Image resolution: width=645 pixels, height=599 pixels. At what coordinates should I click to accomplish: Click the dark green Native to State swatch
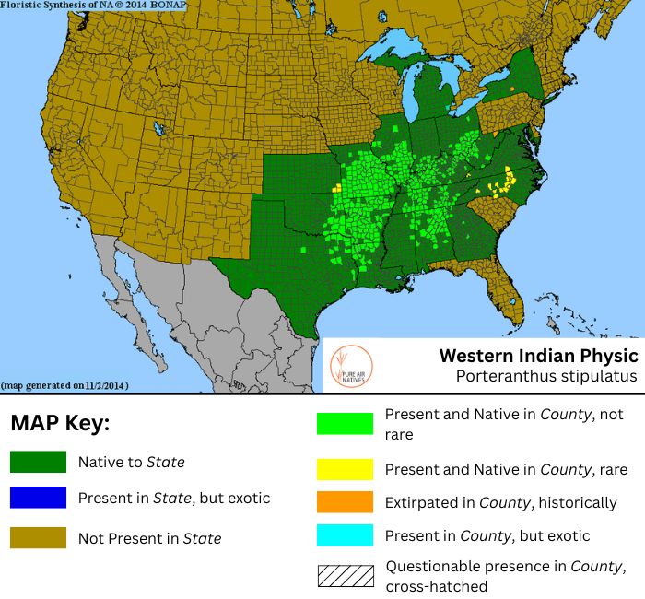pos(38,462)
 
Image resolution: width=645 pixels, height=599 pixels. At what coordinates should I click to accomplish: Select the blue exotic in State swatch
pos(38,498)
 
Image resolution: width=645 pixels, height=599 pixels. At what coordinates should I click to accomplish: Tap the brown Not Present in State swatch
pos(38,537)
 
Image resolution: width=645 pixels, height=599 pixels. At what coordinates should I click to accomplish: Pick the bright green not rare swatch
pos(345,424)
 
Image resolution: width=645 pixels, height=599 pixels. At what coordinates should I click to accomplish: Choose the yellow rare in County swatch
pos(345,469)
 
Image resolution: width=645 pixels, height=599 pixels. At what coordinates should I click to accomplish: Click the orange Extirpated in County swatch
pos(345,503)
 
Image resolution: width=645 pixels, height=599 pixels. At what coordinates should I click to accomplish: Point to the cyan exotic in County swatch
pos(345,535)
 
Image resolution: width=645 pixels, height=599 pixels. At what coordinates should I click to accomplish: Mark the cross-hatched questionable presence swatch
pos(345,575)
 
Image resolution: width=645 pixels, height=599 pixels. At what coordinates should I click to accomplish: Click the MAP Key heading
pos(59,424)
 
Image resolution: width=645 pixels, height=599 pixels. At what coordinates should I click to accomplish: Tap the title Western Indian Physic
pos(538,356)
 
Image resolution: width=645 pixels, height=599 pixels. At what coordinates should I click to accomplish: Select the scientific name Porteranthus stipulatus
pos(545,376)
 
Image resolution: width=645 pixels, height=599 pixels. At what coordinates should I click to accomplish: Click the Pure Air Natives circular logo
pos(350,366)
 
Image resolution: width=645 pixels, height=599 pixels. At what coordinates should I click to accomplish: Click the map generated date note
pos(64,384)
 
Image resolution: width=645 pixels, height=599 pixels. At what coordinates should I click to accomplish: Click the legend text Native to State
pos(133,462)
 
